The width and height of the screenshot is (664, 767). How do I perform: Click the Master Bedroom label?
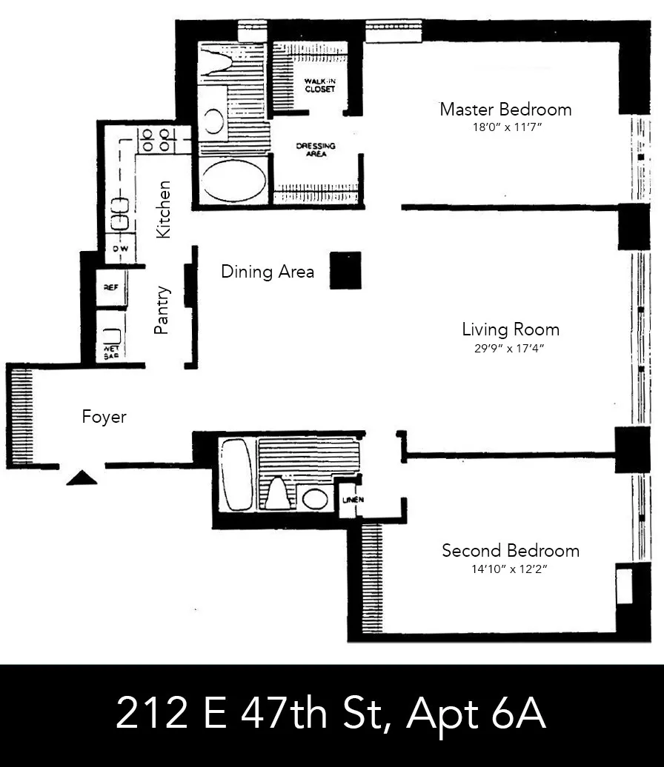click(x=505, y=110)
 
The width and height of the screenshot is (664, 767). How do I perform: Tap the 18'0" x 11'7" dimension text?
click(x=505, y=127)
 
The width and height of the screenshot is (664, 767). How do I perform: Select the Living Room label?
click(x=510, y=329)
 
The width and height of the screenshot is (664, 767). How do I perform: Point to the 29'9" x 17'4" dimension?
click(x=510, y=348)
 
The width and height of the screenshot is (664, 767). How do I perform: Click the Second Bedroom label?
click(x=510, y=551)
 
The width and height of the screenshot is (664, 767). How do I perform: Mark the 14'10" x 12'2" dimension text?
click(x=510, y=569)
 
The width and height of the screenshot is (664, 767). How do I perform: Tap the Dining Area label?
click(x=268, y=272)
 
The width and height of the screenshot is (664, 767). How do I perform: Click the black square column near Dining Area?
click(x=345, y=270)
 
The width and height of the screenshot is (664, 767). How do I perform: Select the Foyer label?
click(x=104, y=418)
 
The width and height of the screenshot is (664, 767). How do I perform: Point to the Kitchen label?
click(x=165, y=210)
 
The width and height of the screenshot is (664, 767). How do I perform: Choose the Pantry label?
click(x=163, y=311)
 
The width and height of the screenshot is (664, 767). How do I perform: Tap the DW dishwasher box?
click(x=120, y=249)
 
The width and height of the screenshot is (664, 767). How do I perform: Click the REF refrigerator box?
click(x=111, y=289)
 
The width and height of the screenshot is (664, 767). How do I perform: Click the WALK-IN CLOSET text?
click(x=319, y=85)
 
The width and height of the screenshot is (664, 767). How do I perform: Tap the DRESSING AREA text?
click(x=316, y=150)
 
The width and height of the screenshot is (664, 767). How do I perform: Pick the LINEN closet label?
click(x=351, y=500)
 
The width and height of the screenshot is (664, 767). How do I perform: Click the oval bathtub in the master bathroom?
click(x=234, y=181)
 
